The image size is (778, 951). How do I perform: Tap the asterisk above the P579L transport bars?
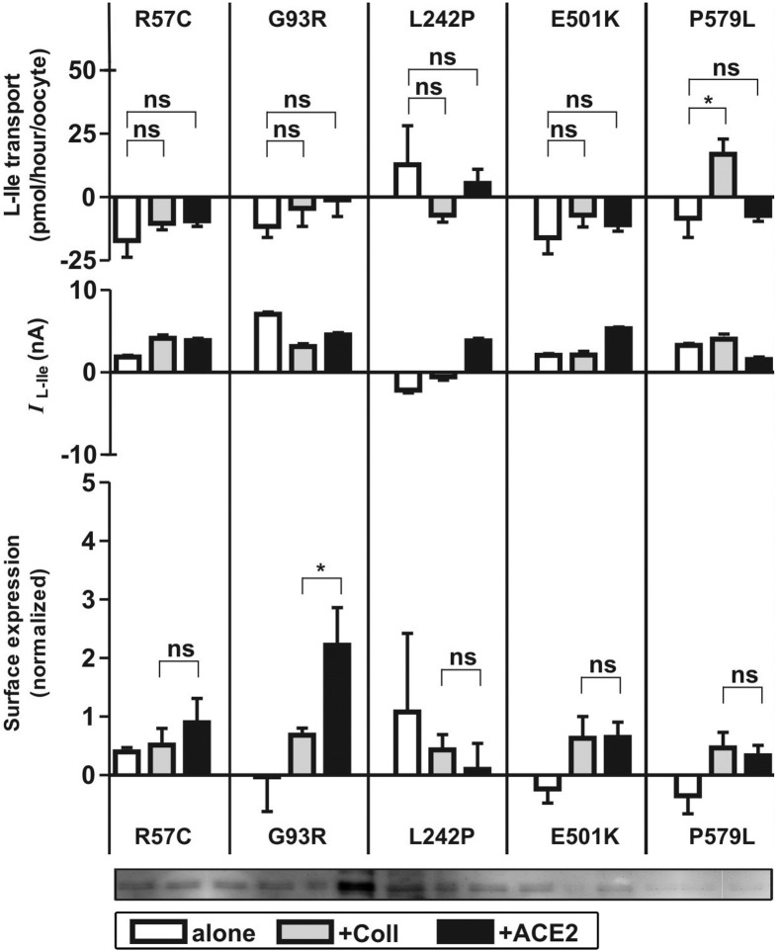pyautogui.click(x=707, y=100)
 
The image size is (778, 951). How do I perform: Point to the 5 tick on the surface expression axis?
pyautogui.click(x=89, y=483)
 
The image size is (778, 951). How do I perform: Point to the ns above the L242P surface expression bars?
pyautogui.click(x=460, y=657)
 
